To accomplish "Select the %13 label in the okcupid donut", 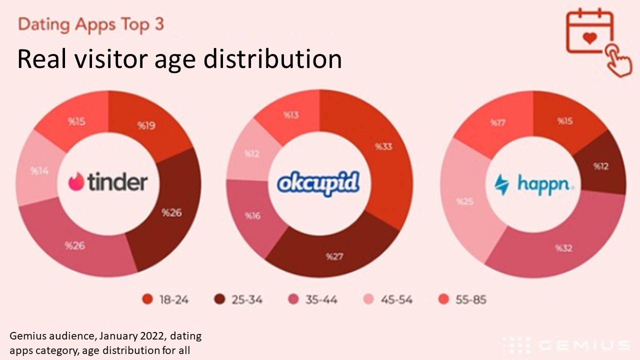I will (291, 115).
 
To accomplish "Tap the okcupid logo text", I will (318, 183).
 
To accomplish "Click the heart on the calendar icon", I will (590, 38).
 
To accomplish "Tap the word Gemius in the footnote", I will (26, 336).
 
